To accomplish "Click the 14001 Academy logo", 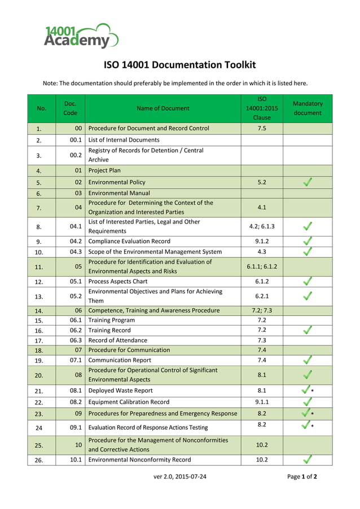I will pyautogui.click(x=81, y=36).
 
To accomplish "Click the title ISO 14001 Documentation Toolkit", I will pyautogui.click(x=179, y=65).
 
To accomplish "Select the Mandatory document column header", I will pyautogui.click(x=308, y=108).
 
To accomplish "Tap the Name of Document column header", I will pyautogui.click(x=163, y=108).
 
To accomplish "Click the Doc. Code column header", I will pyautogui.click(x=70, y=108).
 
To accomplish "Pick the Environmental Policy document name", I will pyautogui.click(x=117, y=182).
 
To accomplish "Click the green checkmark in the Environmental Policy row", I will pyautogui.click(x=308, y=182).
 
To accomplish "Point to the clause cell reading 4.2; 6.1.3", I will pyautogui.click(x=262, y=226).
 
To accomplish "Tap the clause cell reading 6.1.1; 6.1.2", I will pyautogui.click(x=262, y=266).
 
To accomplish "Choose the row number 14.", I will pyautogui.click(x=39, y=311).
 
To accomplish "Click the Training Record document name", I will pyautogui.click(x=109, y=330).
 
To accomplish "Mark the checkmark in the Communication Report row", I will pyautogui.click(x=308, y=359).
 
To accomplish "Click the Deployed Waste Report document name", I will pyautogui.click(x=120, y=390).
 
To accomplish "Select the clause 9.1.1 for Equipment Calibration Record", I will pyautogui.click(x=262, y=402).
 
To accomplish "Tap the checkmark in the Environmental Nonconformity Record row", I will pyautogui.click(x=308, y=459).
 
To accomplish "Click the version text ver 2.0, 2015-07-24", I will pyautogui.click(x=180, y=476).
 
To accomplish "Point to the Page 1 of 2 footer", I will pyautogui.click(x=302, y=476).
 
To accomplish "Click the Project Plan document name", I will pyautogui.click(x=104, y=170).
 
